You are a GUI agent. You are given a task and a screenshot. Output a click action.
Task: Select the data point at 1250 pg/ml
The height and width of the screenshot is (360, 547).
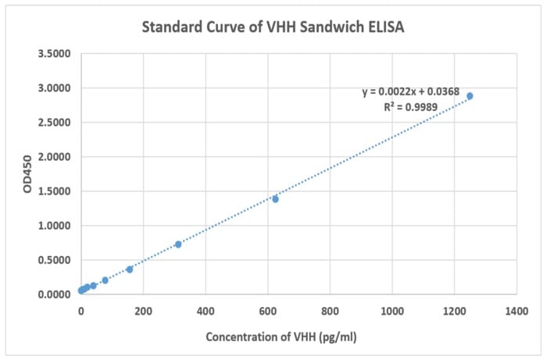pyautogui.click(x=470, y=96)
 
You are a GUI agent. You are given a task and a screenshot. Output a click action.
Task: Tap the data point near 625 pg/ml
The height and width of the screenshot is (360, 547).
pyautogui.click(x=275, y=199)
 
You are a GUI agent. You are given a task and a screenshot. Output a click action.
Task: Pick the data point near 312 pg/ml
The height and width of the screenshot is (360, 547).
pyautogui.click(x=178, y=244)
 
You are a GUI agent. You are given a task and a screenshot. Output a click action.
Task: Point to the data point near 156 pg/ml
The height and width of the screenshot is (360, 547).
pyautogui.click(x=130, y=269)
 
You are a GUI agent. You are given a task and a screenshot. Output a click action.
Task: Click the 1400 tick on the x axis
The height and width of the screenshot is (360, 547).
pyautogui.click(x=516, y=311)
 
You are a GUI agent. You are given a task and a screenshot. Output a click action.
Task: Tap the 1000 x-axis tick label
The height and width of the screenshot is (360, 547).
pyautogui.click(x=391, y=311)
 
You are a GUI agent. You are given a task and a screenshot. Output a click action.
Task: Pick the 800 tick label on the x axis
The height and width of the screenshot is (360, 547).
pyautogui.click(x=330, y=311)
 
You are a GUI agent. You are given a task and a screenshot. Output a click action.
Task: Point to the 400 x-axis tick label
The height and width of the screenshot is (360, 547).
pyautogui.click(x=206, y=311)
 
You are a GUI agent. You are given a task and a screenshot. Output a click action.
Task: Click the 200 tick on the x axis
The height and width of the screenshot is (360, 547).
pyautogui.click(x=143, y=311)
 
